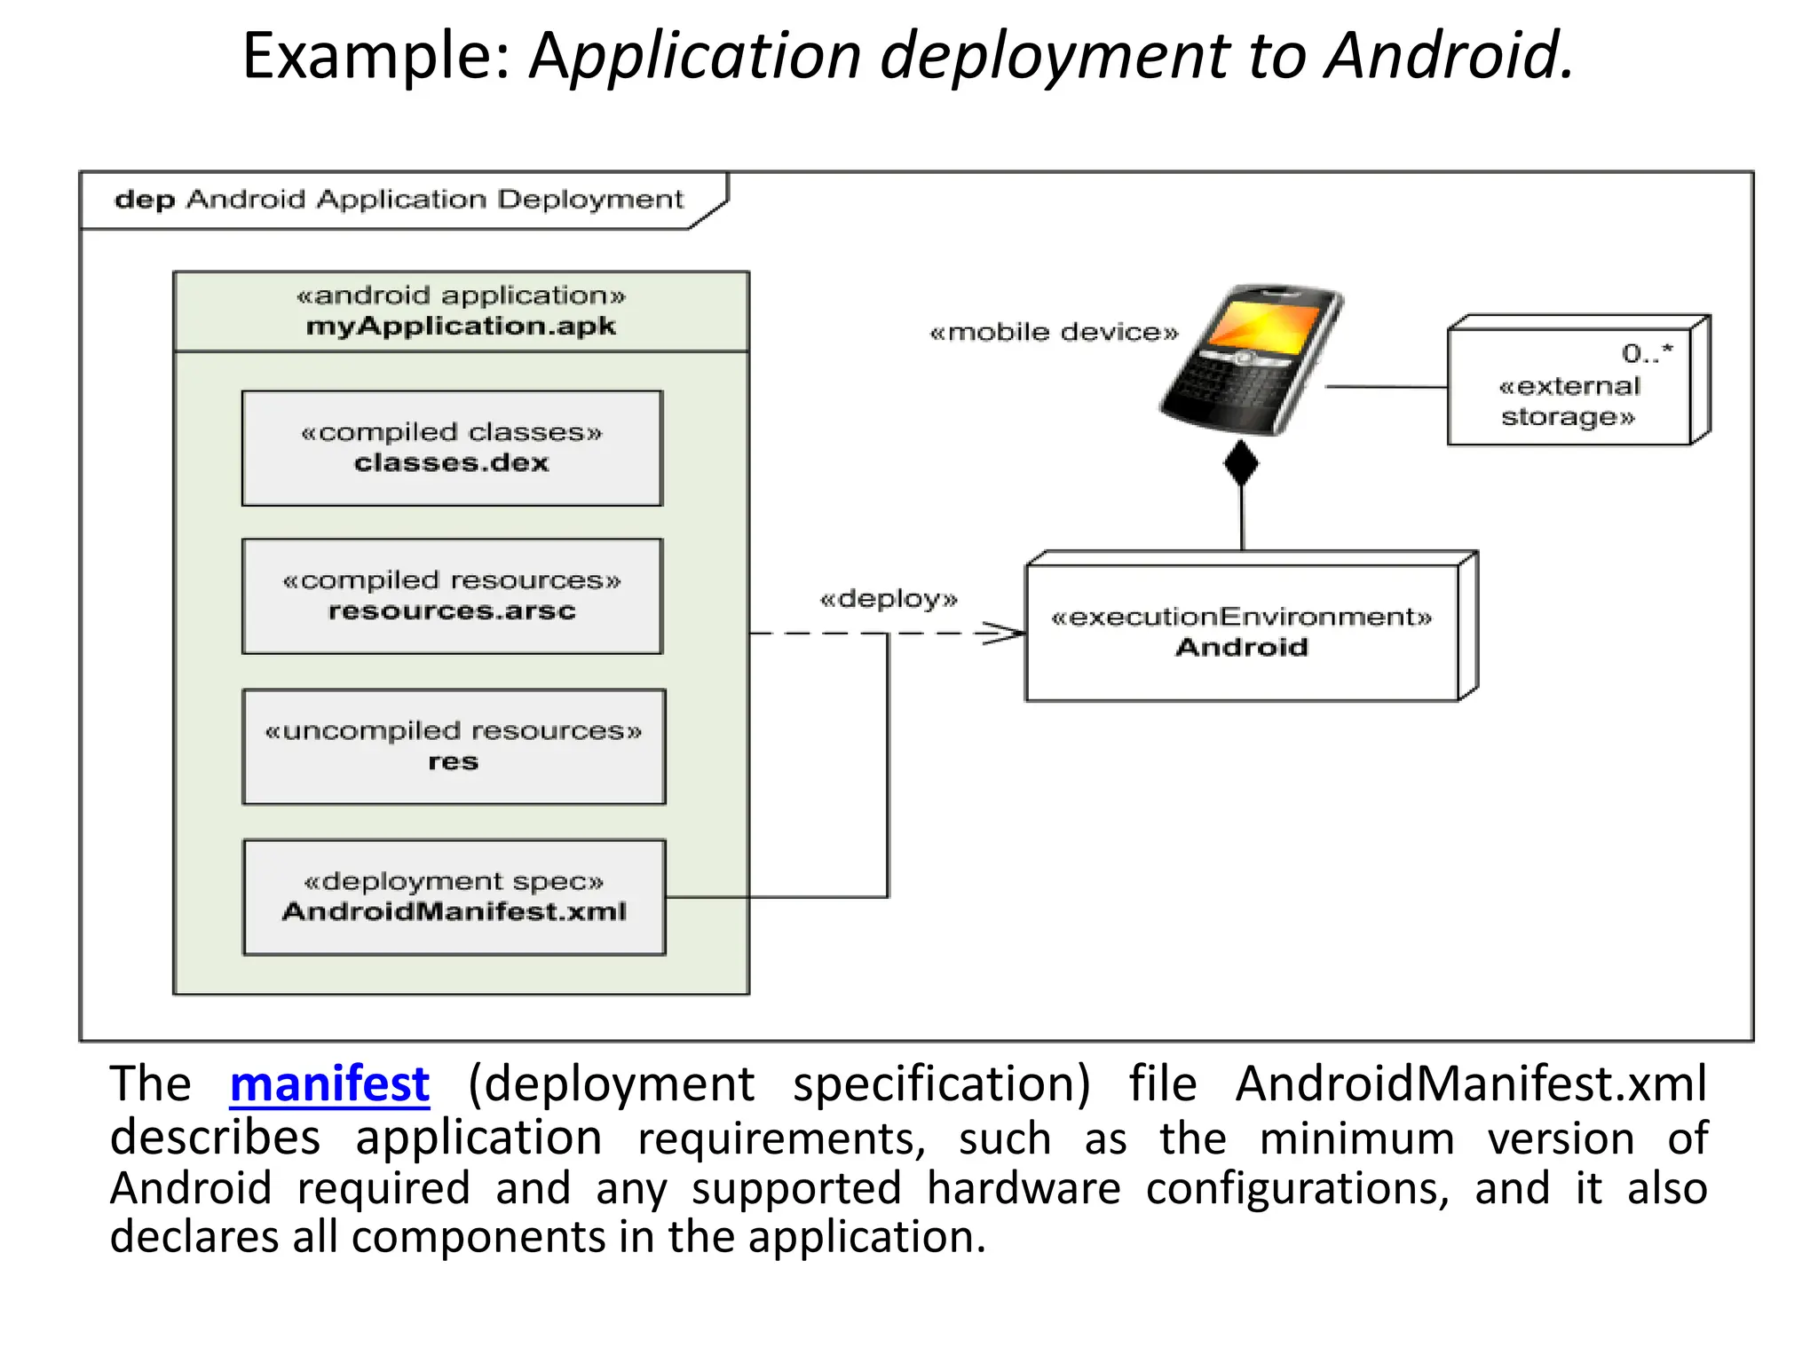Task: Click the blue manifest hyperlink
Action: [x=329, y=1084]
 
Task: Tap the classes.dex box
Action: [x=452, y=449]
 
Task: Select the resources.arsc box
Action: [x=452, y=596]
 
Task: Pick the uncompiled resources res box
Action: [x=454, y=747]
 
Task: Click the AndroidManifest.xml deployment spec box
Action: [x=454, y=897]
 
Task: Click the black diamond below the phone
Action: [x=1241, y=463]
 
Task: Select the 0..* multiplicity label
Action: [x=1647, y=354]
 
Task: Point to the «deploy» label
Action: [x=889, y=599]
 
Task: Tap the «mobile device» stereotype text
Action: [x=1053, y=333]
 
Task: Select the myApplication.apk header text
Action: [x=461, y=327]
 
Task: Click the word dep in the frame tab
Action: [x=145, y=200]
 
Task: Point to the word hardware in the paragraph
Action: [x=1024, y=1188]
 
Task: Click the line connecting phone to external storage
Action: [x=1385, y=387]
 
